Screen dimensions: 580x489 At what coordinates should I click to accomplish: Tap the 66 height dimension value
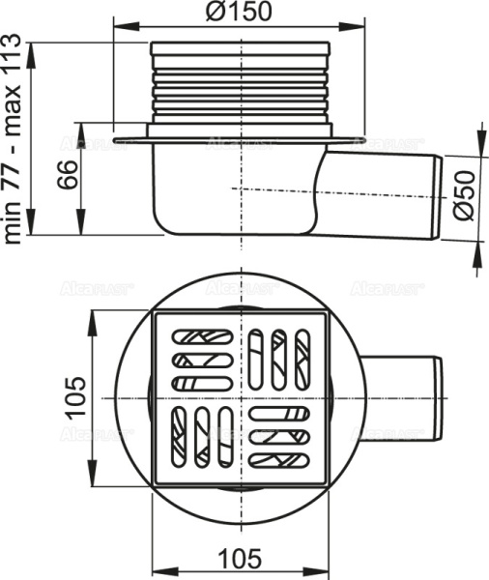[x=65, y=176]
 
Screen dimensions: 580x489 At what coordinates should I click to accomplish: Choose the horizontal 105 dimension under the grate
[x=242, y=559]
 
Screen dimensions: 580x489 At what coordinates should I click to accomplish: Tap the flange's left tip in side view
[x=116, y=141]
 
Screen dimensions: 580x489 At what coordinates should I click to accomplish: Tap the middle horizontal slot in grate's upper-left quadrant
[x=200, y=360]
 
